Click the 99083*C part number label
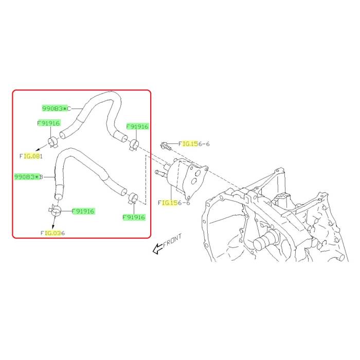(57, 109)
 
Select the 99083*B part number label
(29, 177)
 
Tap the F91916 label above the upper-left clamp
(48, 123)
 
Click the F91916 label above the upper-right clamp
(137, 127)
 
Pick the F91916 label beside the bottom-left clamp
(83, 211)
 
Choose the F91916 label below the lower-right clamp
(134, 217)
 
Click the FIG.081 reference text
(31, 156)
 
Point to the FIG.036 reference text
(53, 233)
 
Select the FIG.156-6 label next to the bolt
(194, 144)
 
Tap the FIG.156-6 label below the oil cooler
(174, 203)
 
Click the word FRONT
(172, 240)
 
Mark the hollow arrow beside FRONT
(158, 249)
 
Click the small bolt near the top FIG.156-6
(166, 146)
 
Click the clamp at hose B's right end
(133, 199)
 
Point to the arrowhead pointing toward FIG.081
(37, 150)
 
